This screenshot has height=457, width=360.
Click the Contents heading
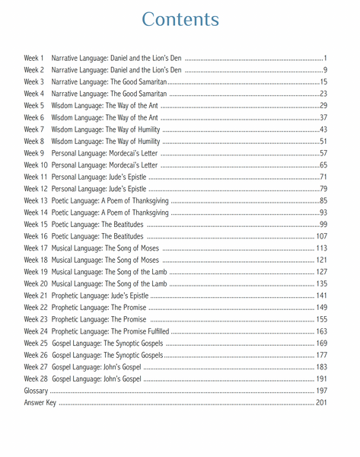[180, 20]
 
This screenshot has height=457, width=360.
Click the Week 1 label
[34, 58]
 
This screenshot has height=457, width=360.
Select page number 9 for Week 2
[324, 70]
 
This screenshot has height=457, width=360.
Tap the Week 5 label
[34, 105]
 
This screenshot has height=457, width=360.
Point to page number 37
[323, 117]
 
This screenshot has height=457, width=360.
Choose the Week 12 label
[36, 189]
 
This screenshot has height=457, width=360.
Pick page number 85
[323, 200]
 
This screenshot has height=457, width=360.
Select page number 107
[321, 236]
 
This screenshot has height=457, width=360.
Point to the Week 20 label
[36, 283]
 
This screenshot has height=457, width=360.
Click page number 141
[321, 296]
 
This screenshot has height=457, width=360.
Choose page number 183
[321, 366]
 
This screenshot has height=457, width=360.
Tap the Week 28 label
[36, 379]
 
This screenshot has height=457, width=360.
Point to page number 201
[321, 402]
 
